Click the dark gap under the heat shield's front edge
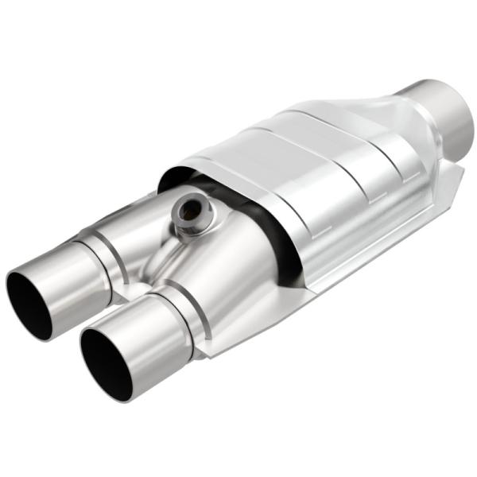point(274,238)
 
